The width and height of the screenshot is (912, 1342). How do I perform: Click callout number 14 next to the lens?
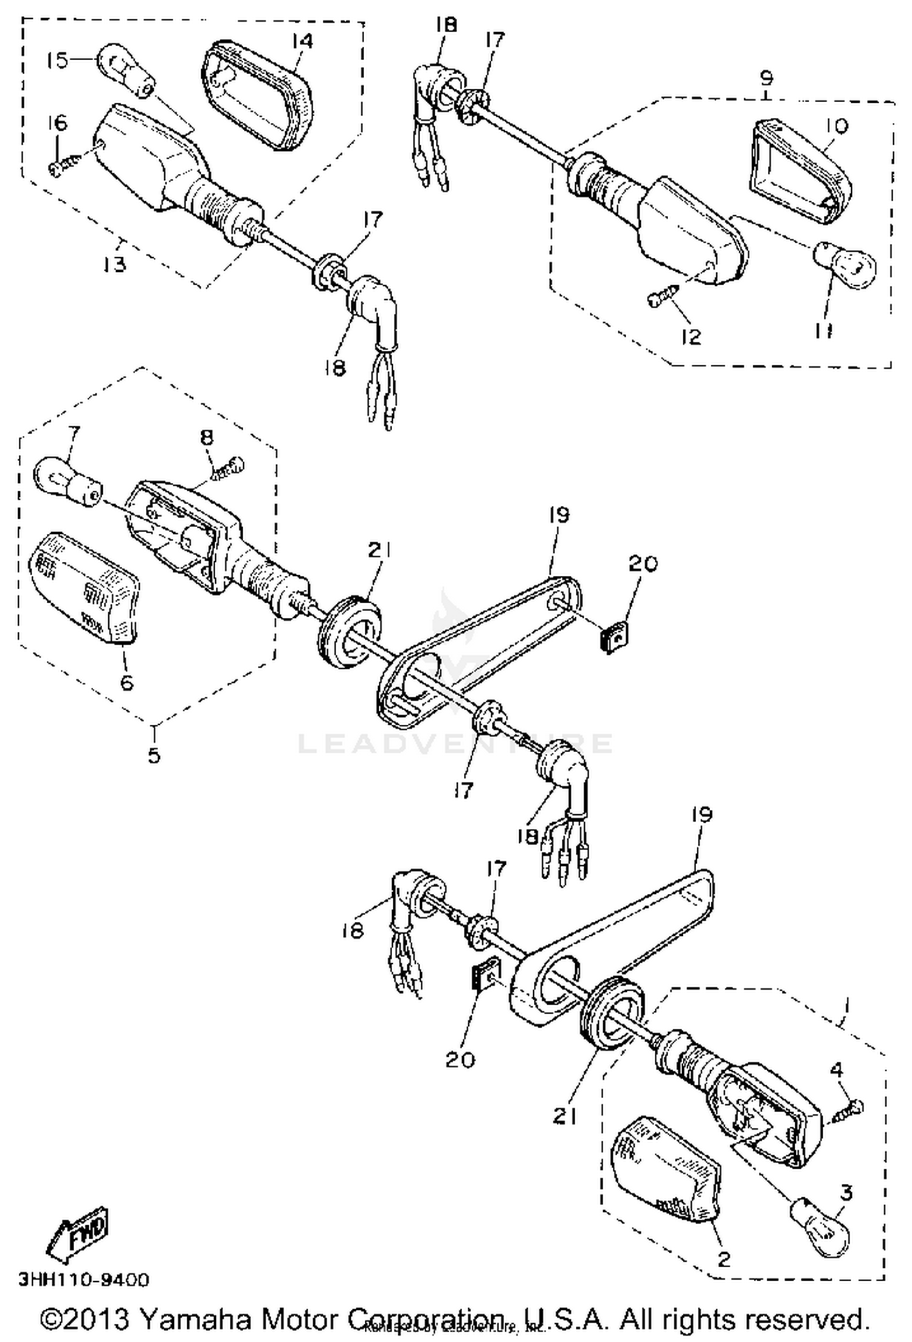[302, 41]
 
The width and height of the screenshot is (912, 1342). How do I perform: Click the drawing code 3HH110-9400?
[84, 1279]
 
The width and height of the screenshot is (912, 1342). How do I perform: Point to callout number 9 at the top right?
[767, 78]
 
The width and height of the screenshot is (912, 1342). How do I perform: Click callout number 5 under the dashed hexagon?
[154, 755]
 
